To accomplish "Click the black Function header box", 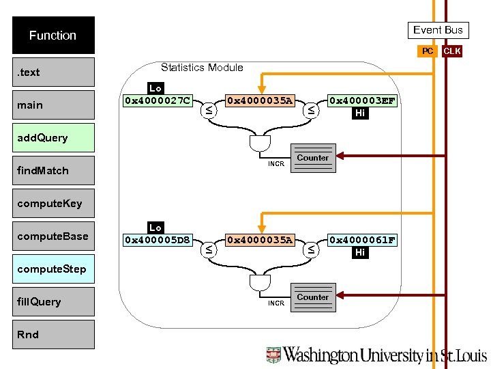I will point(53,35).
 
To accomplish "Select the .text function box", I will point(53,72).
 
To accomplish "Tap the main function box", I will point(53,105).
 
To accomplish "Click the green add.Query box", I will point(53,137).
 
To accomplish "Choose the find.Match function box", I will point(53,170).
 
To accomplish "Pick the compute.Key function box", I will point(53,203).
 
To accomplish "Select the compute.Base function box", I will point(53,236).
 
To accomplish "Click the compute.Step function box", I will point(53,269).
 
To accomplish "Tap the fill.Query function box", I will point(53,301).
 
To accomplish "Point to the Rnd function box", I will point(53,334).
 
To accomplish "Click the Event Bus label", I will point(438,29).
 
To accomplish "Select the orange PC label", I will point(427,51).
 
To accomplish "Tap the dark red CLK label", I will point(451,51).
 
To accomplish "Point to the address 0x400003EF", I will point(361,100).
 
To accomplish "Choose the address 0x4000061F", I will point(361,240).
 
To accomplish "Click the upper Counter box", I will point(313,157).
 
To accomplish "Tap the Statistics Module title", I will point(202,67).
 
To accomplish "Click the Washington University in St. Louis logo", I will point(376,355).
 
